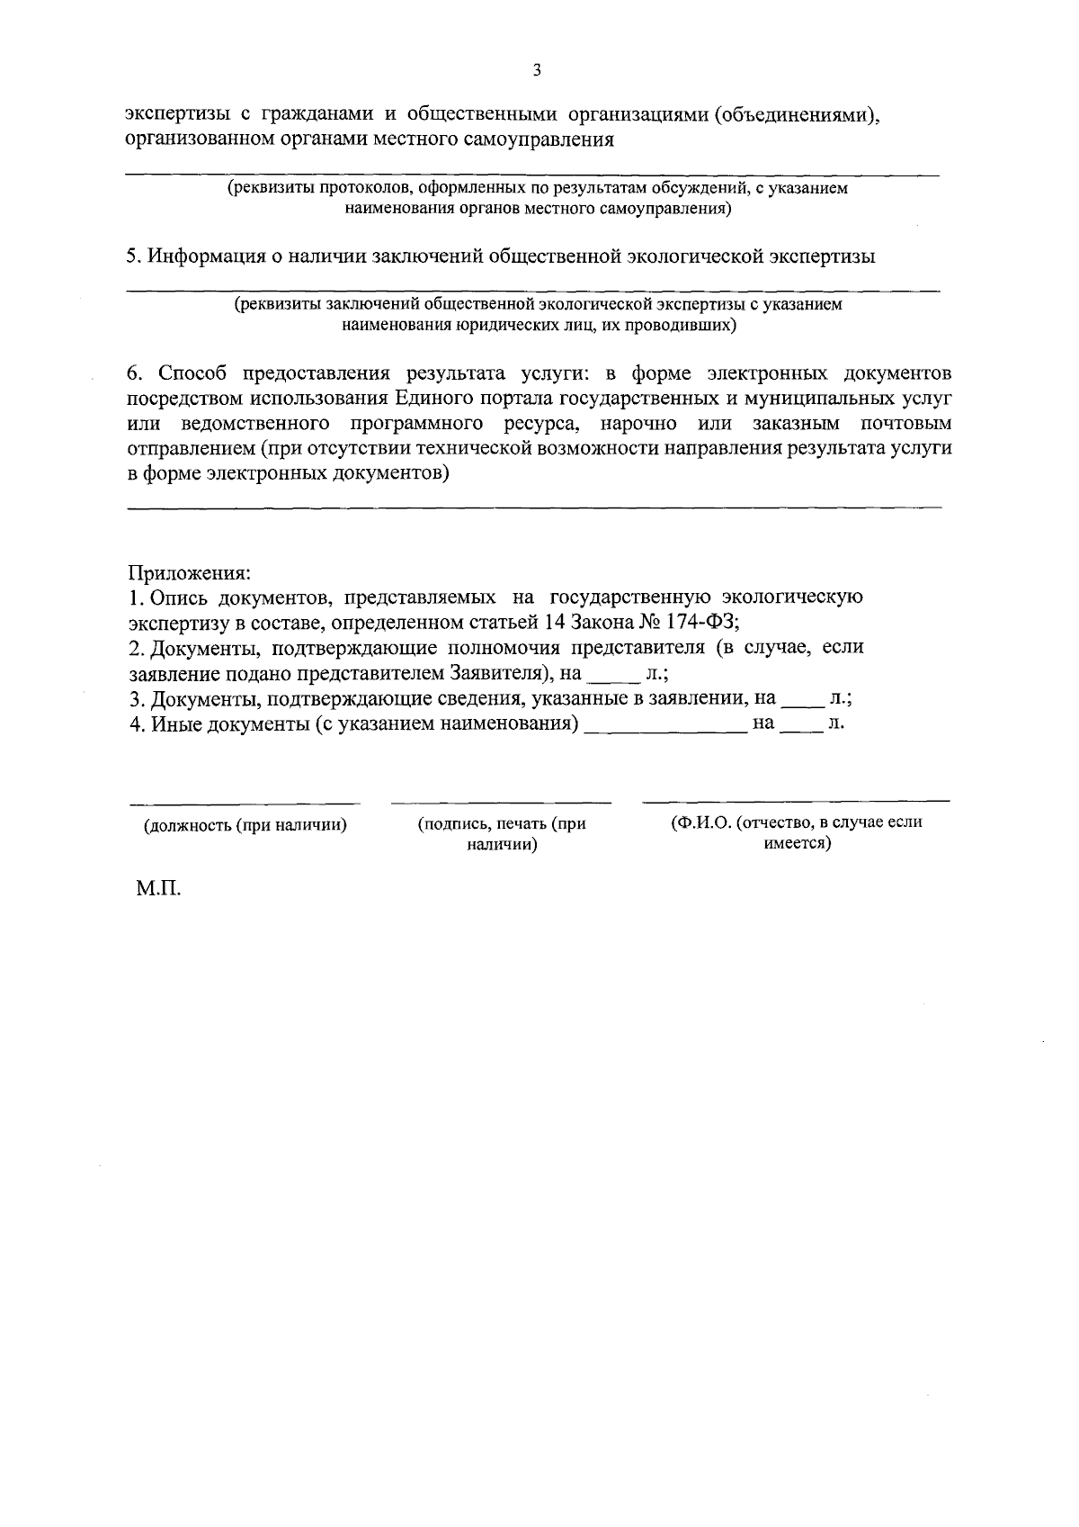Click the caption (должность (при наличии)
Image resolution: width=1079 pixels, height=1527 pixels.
pyautogui.click(x=245, y=824)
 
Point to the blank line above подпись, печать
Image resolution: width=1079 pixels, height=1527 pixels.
pyautogui.click(x=501, y=801)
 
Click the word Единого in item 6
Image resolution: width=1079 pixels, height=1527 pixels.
pyautogui.click(x=430, y=398)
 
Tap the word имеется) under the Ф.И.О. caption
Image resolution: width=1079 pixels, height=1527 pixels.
pyautogui.click(x=797, y=845)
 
